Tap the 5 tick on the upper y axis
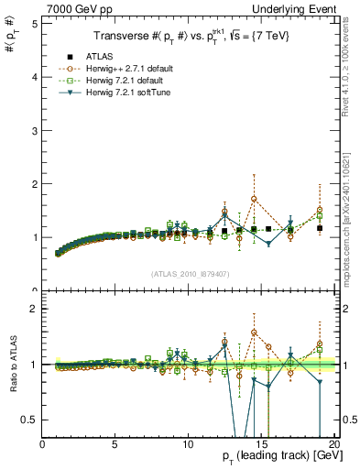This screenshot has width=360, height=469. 35,24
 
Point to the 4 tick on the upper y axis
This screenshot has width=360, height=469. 35,77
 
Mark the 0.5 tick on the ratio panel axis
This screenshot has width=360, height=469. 30,420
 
